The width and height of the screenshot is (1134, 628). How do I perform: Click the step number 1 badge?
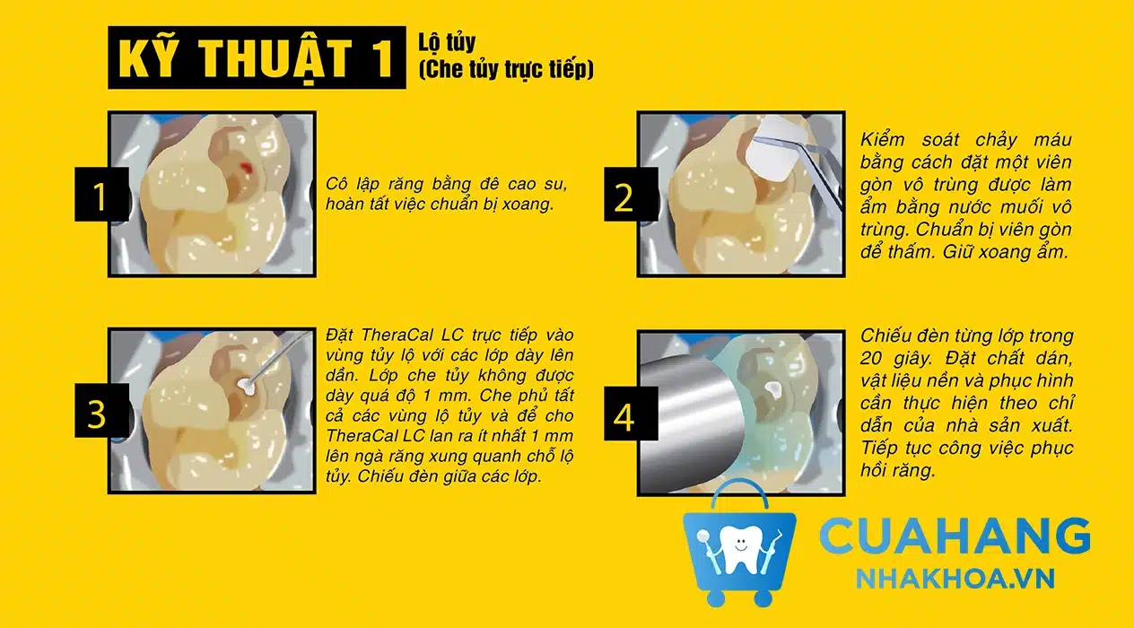point(101,195)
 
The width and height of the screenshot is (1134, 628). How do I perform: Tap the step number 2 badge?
point(631,195)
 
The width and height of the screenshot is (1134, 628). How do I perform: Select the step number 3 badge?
point(101,410)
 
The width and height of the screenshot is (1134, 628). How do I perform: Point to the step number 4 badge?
point(631,414)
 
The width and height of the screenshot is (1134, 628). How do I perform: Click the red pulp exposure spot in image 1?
point(246,168)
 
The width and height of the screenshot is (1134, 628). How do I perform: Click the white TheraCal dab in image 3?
point(247,386)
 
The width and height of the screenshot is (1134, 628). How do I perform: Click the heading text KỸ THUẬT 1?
point(257,58)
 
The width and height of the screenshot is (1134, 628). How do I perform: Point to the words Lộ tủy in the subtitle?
point(447,43)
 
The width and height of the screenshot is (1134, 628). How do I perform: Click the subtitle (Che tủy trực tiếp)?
point(506,69)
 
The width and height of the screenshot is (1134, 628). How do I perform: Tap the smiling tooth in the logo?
point(739,550)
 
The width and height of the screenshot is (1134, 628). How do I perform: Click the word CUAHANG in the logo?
point(955,536)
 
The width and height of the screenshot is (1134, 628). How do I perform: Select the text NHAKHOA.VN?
point(955,579)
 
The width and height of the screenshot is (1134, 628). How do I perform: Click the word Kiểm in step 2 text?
point(883,140)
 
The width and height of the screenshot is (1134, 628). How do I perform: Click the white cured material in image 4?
point(773,388)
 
